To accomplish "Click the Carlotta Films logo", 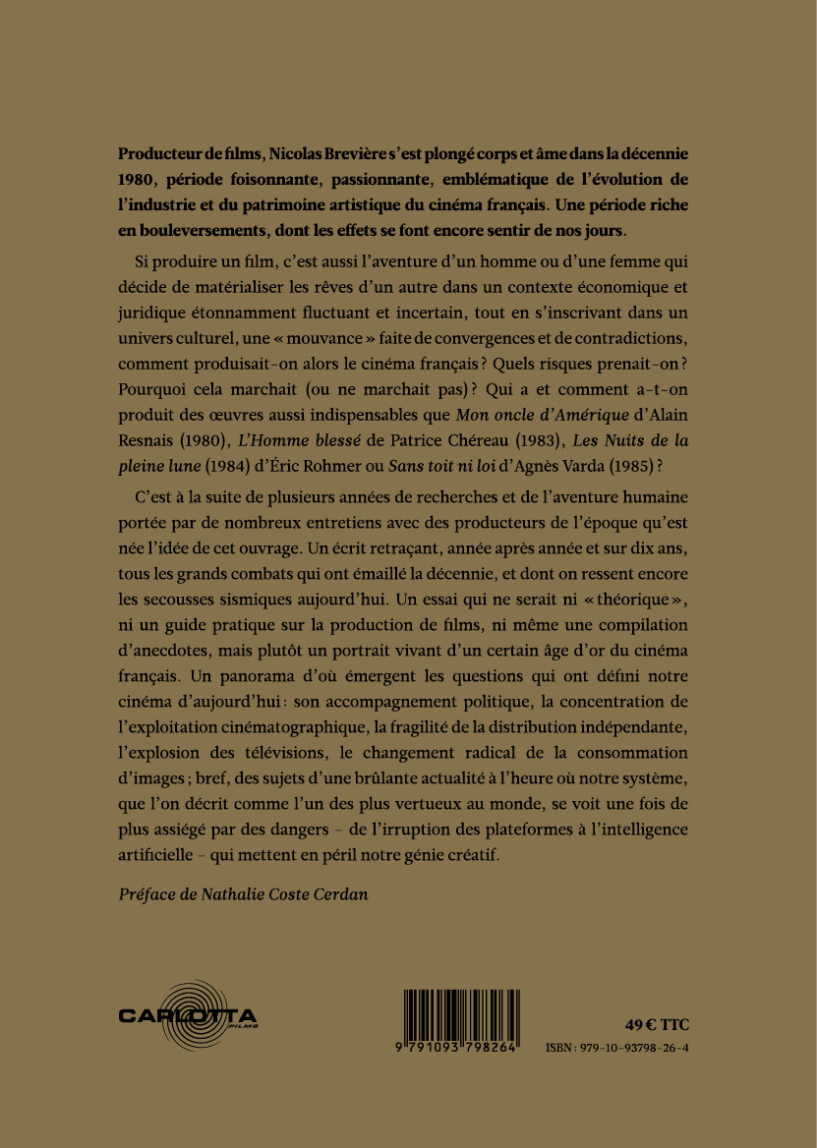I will (188, 1015).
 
